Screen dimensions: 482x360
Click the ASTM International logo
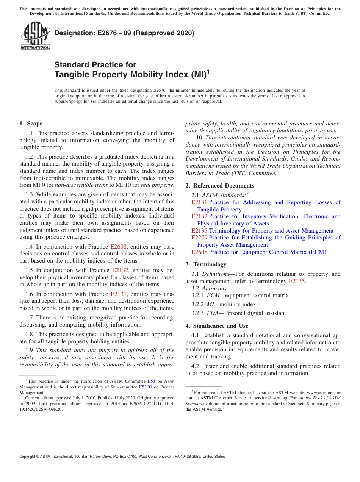point(35,36)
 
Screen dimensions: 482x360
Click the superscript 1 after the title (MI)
point(208,71)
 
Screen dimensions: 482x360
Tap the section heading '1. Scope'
point(31,124)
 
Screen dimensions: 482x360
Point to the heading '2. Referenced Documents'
point(220,185)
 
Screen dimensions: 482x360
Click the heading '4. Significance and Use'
point(217,326)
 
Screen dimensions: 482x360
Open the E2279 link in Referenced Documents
point(199,238)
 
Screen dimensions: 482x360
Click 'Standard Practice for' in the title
point(95,64)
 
